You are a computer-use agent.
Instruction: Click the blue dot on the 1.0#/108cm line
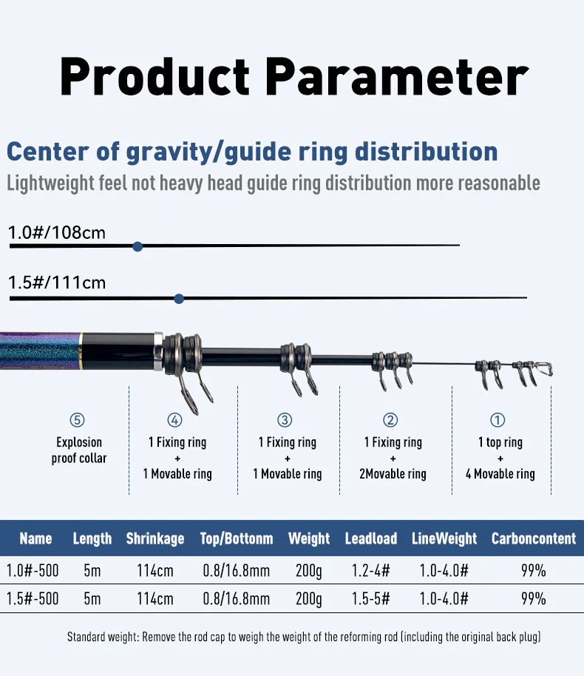(137, 246)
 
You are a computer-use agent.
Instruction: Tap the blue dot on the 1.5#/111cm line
(179, 299)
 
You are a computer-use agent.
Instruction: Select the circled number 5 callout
(77, 420)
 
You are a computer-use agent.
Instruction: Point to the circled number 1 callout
(498, 420)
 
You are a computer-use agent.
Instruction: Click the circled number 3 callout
(285, 420)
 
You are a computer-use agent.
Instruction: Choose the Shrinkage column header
(155, 538)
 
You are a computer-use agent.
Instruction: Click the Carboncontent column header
(534, 538)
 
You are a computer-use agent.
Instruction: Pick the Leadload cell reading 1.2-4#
(370, 570)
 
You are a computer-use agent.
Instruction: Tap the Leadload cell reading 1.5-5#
(370, 598)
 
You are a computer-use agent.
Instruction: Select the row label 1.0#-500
(33, 570)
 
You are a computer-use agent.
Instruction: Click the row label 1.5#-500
(33, 598)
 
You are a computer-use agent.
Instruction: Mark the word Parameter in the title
(397, 76)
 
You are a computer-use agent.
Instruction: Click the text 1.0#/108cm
(57, 233)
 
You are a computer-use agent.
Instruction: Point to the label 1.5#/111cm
(57, 283)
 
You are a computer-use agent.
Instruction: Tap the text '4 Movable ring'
(500, 474)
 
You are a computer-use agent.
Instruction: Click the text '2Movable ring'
(393, 474)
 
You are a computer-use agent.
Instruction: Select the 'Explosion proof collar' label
(79, 450)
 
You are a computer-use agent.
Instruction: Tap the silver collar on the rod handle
(158, 351)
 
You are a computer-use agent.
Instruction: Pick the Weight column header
(309, 538)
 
